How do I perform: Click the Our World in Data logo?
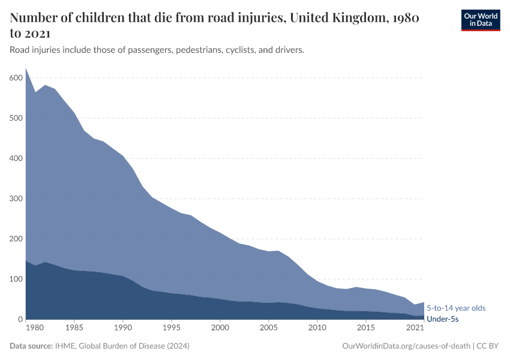coord(480,20)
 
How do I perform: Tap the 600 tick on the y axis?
coord(16,78)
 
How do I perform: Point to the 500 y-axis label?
coord(16,118)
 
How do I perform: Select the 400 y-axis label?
coord(16,158)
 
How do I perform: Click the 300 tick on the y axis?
coord(16,199)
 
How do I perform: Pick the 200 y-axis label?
coord(16,239)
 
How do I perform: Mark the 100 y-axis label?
coord(16,279)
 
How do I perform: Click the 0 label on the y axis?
coord(20,319)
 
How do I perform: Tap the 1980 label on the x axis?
coord(35,328)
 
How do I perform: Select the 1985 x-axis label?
coord(74,328)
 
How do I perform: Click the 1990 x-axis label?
coord(123,328)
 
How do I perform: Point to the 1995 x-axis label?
coord(172,328)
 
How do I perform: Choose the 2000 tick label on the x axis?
coord(220,328)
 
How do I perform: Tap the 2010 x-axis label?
coord(317,328)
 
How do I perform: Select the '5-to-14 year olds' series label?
coord(456,308)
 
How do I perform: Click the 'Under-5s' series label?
coord(442,319)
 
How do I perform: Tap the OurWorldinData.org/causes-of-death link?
coord(406,346)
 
